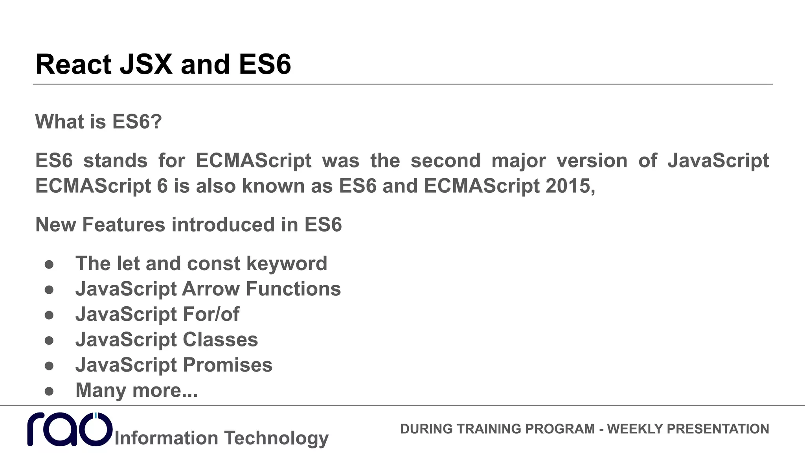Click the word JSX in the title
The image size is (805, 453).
146,64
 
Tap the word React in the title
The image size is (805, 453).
74,64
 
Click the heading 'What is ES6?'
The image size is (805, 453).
98,122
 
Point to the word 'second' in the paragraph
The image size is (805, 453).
445,160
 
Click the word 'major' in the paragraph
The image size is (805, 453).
518,160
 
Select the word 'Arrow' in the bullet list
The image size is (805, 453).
211,289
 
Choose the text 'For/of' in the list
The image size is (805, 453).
211,314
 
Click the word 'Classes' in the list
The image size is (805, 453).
220,339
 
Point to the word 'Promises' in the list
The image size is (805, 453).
227,365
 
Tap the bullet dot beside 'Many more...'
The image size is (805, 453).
49,391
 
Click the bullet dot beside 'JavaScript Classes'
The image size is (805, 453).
49,340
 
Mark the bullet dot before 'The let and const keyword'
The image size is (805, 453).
49,264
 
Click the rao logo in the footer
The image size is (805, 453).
70,429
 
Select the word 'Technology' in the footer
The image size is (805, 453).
276,438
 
